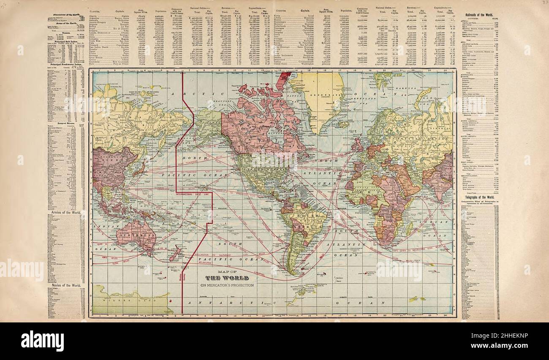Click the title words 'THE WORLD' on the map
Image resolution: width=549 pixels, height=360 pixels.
pyautogui.click(x=230, y=278)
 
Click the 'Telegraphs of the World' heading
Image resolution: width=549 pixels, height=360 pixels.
pyautogui.click(x=478, y=197)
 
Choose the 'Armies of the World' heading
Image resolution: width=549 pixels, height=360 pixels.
pyautogui.click(x=65, y=212)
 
